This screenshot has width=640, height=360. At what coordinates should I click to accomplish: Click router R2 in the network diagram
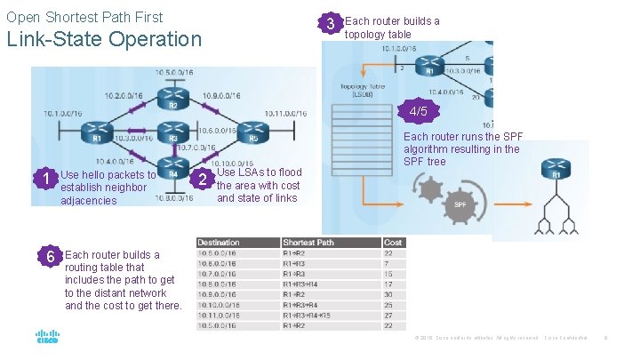(x=173, y=99)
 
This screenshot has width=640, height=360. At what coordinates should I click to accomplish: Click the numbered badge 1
(x=45, y=180)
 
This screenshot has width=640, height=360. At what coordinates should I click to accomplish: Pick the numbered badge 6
(x=52, y=256)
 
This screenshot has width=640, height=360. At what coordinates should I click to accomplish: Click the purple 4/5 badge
(x=418, y=112)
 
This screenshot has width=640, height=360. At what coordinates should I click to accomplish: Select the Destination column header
(x=219, y=242)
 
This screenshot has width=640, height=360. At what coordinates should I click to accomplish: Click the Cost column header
(x=393, y=242)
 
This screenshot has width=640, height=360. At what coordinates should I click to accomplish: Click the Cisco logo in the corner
(x=47, y=337)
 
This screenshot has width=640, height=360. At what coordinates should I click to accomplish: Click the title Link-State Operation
(x=104, y=39)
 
